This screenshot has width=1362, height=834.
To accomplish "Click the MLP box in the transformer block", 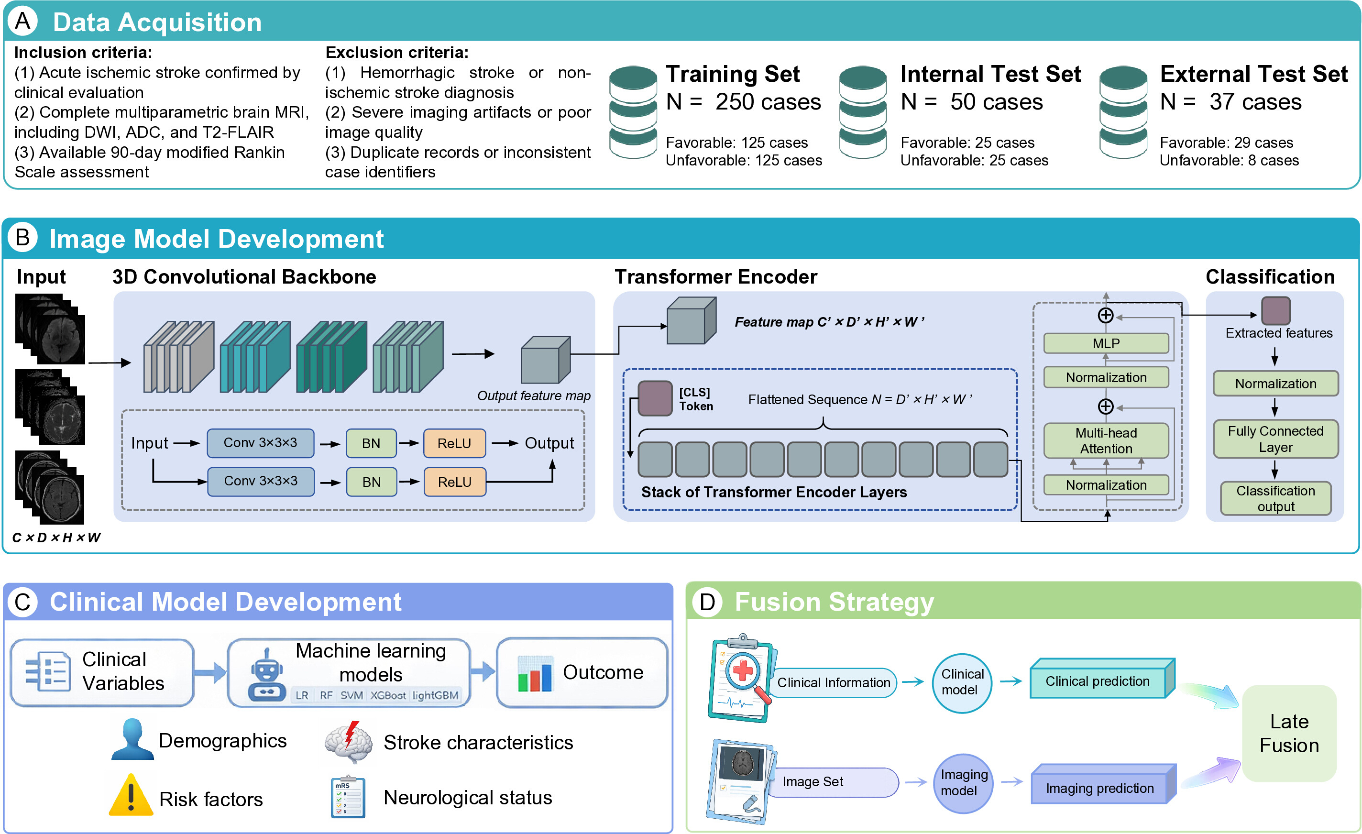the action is tap(1106, 343).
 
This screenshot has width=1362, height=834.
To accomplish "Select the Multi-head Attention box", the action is tap(1106, 440).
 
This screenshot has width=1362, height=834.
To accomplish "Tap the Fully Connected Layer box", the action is tap(1276, 439).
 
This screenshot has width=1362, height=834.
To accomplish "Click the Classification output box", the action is tap(1276, 498).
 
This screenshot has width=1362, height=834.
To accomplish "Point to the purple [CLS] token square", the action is tap(655, 398).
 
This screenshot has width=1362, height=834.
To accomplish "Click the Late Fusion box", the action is tap(1289, 733).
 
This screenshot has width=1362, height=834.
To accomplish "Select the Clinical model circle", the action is tap(962, 682).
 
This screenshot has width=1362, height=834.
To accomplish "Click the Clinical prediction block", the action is tap(1102, 678).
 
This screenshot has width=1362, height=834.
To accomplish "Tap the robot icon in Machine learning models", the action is tap(266, 674).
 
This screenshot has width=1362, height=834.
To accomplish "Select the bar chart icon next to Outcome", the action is tap(535, 674).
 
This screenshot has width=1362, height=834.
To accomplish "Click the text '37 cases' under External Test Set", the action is tap(1255, 102).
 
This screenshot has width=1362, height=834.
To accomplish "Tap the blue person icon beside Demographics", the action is tap(132, 739).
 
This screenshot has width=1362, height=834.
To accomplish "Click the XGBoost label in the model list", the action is tap(388, 695).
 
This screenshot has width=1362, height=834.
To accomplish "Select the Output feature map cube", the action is tap(546, 360).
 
